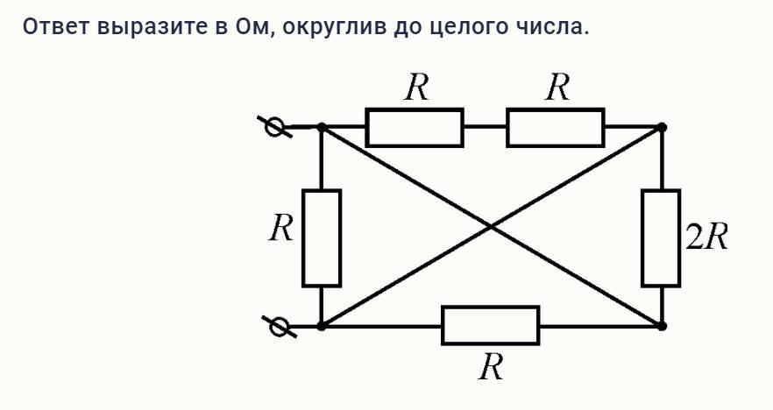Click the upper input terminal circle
pos(276,128)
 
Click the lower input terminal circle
pos(279,327)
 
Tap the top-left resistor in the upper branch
pos(414,128)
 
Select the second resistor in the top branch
pos(555,128)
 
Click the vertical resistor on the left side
pos(322,237)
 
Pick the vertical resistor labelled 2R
pos(661,237)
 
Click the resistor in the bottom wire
pos(490,326)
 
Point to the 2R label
pos(706,237)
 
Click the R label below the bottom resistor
pos(491,368)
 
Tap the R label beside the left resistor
pos(281,230)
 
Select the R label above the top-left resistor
pos(416,88)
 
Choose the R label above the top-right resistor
pos(557,88)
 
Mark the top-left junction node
pos(322,128)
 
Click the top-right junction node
pos(662,128)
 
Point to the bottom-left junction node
pos(322,326)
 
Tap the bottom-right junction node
pos(662,326)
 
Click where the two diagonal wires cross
pos(492,227)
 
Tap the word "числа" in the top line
pos(552,27)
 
